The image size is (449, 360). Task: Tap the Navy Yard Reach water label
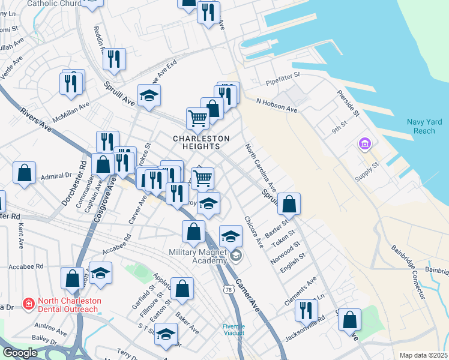click(x=424, y=127)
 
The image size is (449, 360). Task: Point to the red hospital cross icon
click(x=28, y=305)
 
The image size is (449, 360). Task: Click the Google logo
click(x=20, y=353)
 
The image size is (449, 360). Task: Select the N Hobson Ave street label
click(x=277, y=106)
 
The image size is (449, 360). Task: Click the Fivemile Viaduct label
click(x=234, y=329)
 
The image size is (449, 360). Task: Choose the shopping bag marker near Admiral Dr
click(x=25, y=173)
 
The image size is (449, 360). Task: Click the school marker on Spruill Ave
click(x=149, y=95)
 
